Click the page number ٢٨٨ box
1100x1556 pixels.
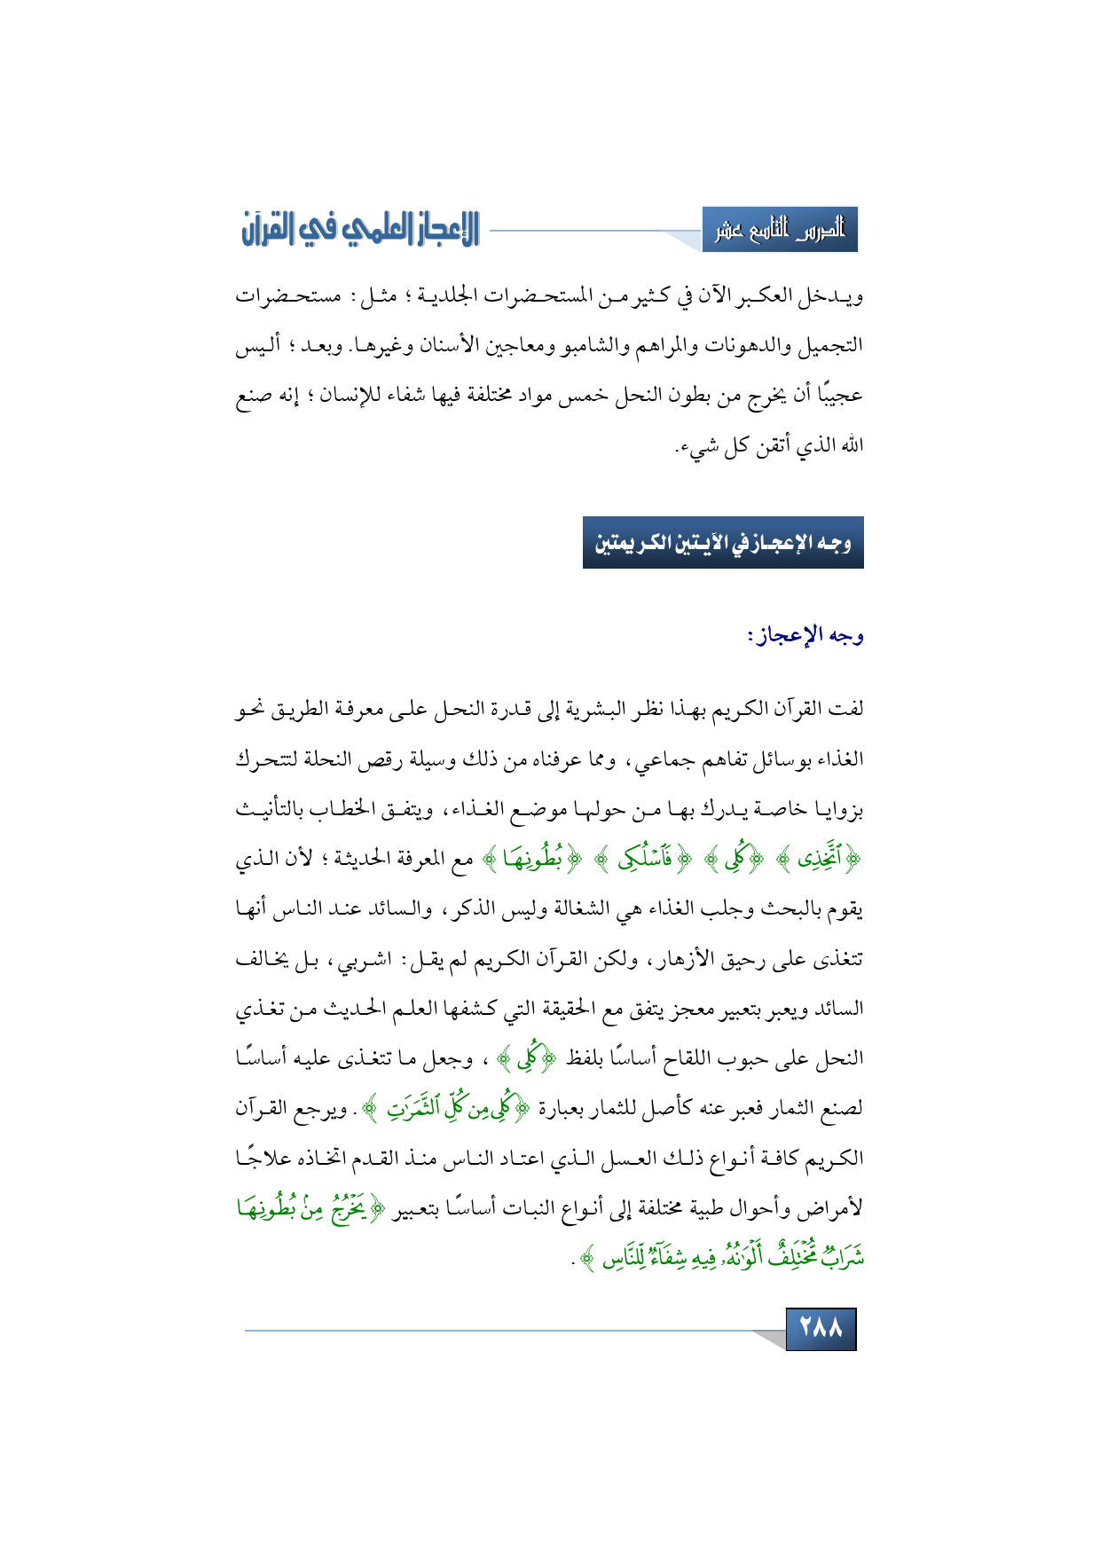pos(821,1328)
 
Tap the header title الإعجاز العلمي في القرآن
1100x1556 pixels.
pos(360,230)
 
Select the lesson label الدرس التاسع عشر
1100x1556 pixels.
pos(780,231)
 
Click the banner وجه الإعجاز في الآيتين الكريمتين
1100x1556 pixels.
pos(723,543)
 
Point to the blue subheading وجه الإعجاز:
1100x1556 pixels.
pos(805,635)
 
